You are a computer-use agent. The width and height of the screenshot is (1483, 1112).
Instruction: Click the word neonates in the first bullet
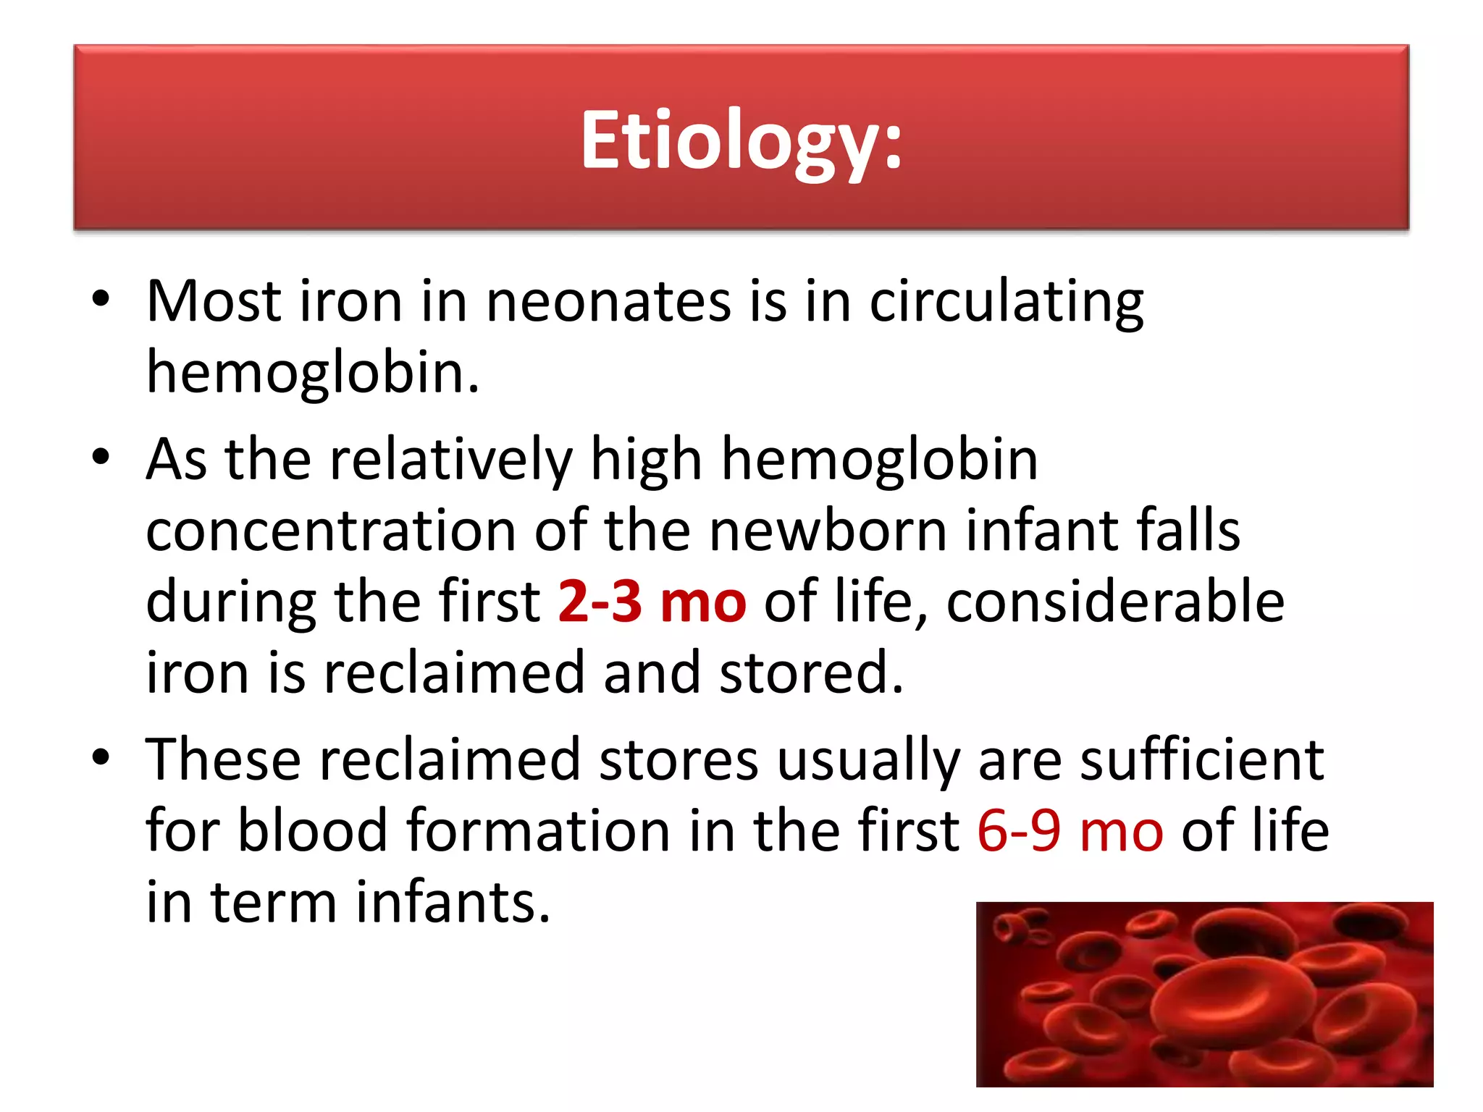[x=608, y=301]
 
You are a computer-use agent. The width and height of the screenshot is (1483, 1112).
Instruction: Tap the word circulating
[x=1006, y=301]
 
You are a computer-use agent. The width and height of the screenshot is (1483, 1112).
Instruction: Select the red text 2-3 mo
[x=652, y=602]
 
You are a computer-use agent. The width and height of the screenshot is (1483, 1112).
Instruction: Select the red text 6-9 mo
[x=1070, y=830]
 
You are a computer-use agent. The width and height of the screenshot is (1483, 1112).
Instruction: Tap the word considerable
[x=1115, y=602]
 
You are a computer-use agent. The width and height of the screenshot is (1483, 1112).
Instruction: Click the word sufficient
[x=1202, y=760]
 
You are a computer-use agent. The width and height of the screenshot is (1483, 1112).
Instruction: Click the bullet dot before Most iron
[x=101, y=300]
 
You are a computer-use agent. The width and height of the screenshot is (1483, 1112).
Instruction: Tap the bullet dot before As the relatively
[x=101, y=458]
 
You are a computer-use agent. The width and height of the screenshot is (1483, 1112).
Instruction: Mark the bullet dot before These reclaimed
[x=101, y=758]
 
